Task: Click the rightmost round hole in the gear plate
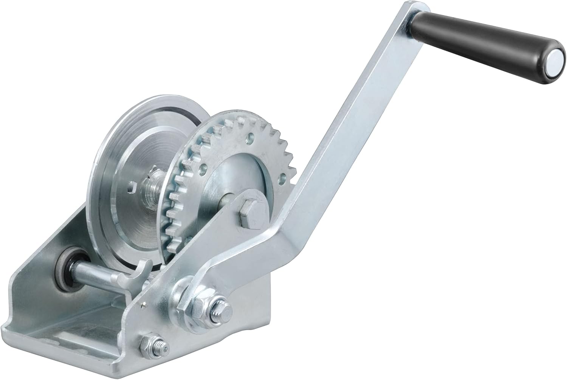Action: (x=282, y=175)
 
